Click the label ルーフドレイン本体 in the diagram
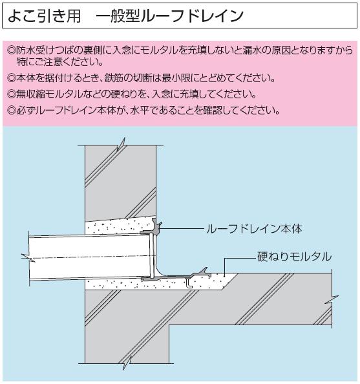pos(254,229)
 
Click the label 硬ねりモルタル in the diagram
pos(294,257)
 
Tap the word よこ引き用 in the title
pos(45,16)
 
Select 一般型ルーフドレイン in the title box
pos(170,16)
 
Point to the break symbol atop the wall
pos(122,144)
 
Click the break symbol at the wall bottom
pos(127,363)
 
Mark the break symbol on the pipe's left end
pos(28,258)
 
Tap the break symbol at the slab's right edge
pos(332,300)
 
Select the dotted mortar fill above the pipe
pos(118,228)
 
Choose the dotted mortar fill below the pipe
pos(157,284)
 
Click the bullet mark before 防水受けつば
pos(11,50)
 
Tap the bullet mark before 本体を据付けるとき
pos(11,78)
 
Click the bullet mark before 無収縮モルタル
pos(11,94)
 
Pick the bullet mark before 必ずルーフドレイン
pos(11,111)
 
